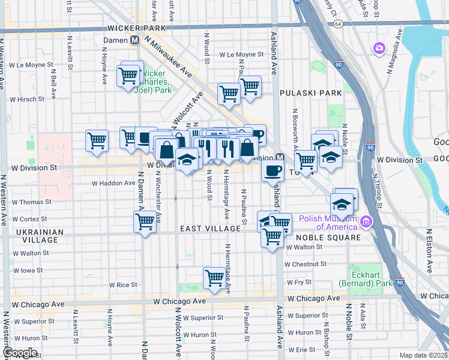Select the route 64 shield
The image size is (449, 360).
[x=339, y=23]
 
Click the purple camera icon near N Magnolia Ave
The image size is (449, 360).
[x=379, y=47]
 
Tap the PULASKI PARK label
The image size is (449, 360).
[x=311, y=93]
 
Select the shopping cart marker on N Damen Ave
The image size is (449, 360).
[x=145, y=221]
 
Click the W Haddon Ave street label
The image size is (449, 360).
[x=111, y=184]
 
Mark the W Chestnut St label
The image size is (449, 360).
[x=306, y=264]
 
